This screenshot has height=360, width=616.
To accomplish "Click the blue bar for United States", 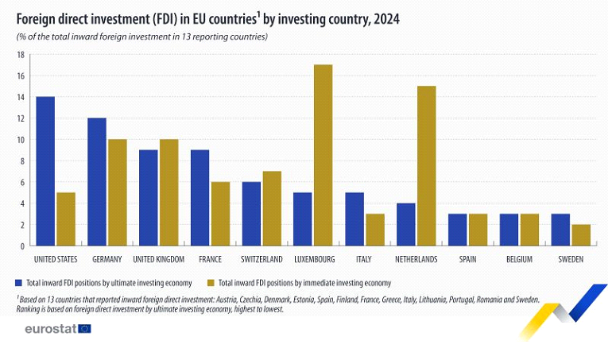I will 45,171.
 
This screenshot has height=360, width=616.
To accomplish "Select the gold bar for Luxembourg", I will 323,155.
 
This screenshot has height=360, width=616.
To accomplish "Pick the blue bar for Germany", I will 97,182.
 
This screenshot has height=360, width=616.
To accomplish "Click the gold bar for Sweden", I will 581,235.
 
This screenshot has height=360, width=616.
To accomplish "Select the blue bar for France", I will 200,198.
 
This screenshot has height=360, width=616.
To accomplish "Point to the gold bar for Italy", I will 374,230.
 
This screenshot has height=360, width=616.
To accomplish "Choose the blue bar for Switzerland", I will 252,214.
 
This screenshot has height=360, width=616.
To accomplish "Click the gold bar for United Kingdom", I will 169,192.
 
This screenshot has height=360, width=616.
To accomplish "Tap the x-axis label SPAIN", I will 467,259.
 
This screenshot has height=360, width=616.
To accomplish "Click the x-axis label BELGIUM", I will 519,259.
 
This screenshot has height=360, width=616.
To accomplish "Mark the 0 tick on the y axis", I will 24,246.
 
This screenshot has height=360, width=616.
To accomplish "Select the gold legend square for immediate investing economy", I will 211,282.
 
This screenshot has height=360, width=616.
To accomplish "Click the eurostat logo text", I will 50,328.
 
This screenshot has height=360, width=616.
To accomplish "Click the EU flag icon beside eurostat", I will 84,328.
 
